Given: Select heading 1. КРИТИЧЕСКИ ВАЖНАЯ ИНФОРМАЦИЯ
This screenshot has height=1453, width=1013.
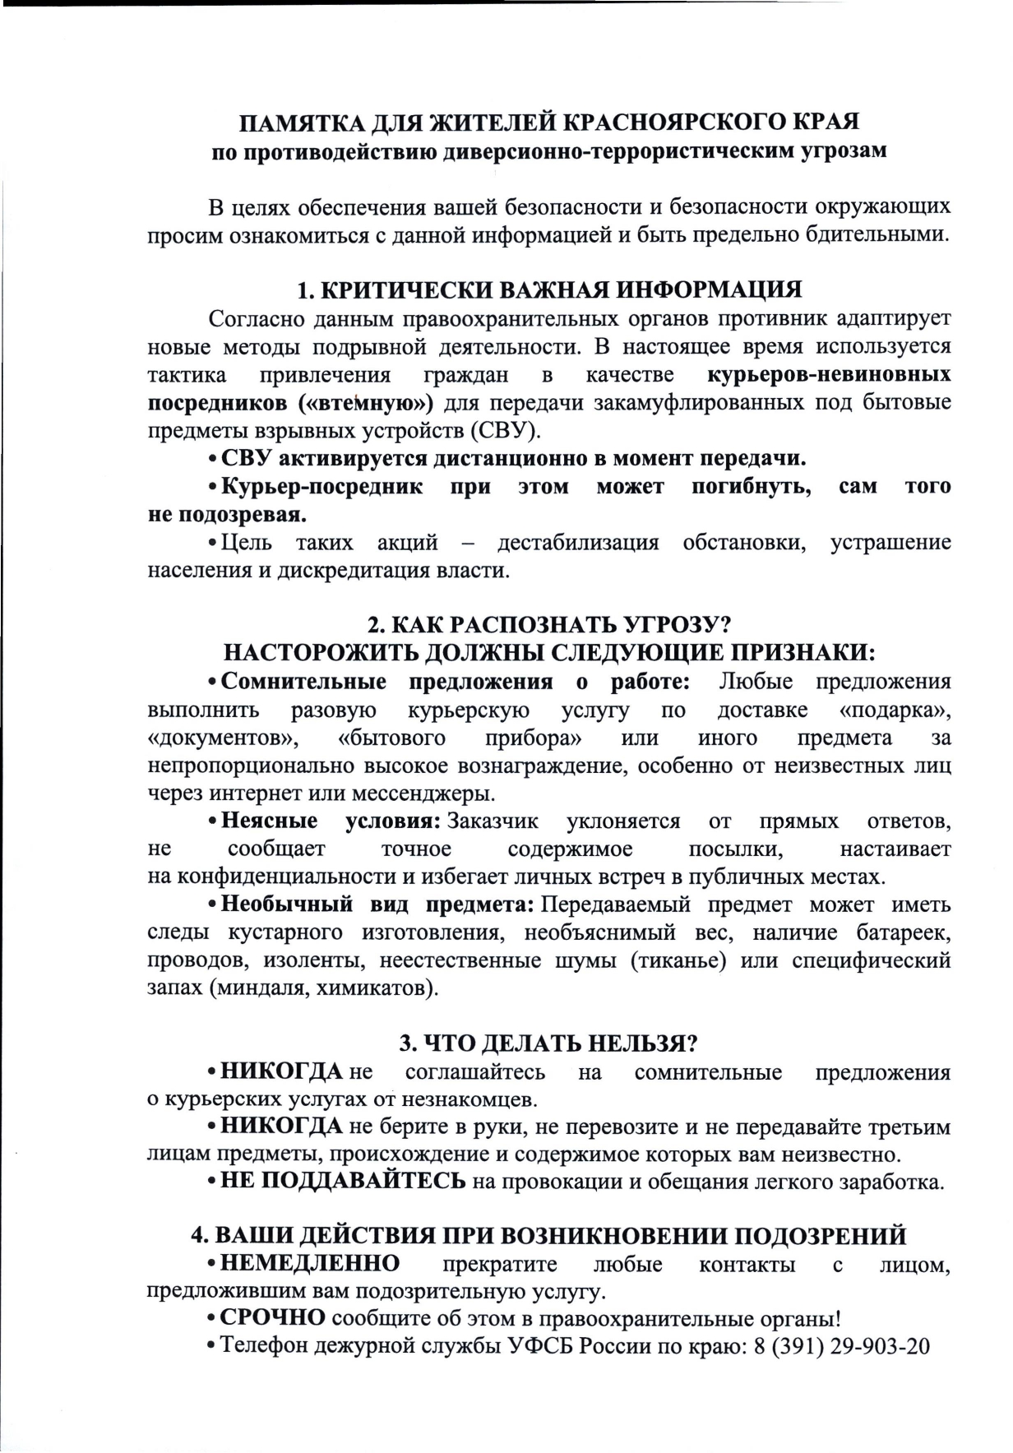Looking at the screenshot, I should pyautogui.click(x=548, y=290).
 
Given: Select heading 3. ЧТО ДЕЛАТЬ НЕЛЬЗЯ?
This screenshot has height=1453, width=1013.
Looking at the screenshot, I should pyautogui.click(x=548, y=1043).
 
